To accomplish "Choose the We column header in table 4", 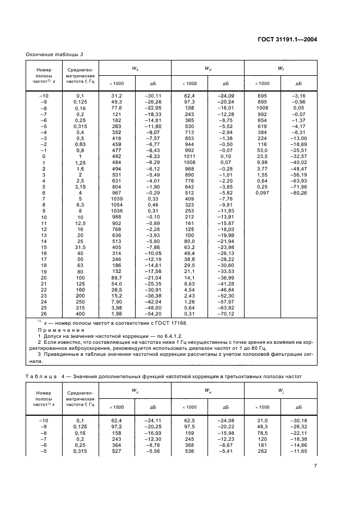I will [208, 391].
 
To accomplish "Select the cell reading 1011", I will [190, 156].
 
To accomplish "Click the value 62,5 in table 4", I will [190, 420].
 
